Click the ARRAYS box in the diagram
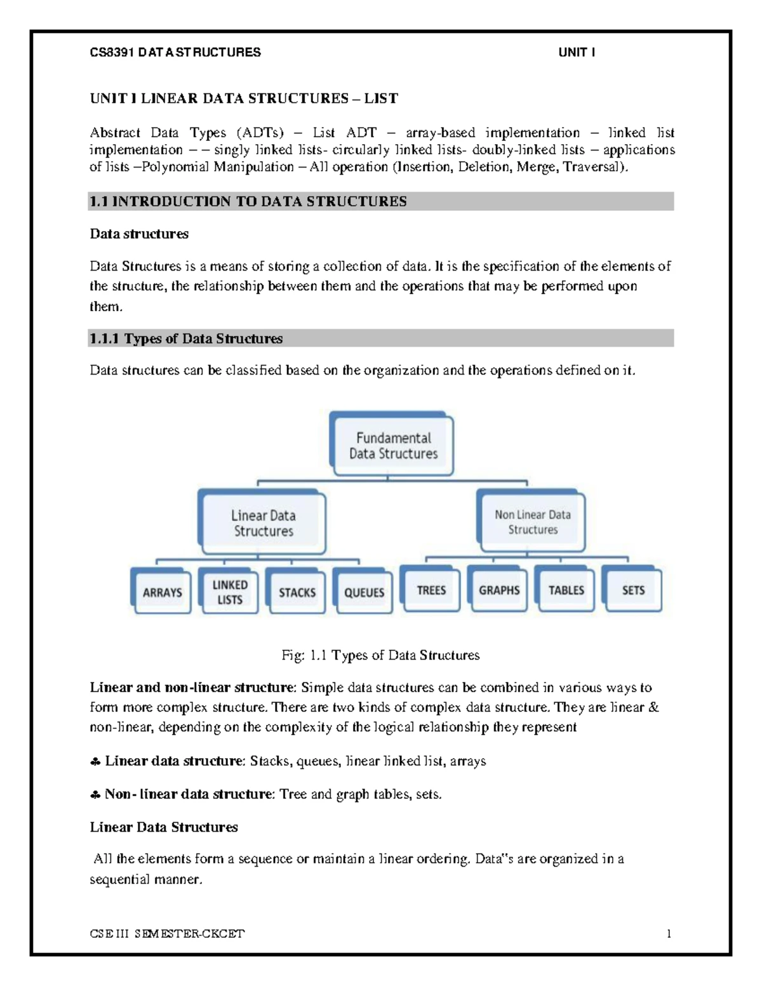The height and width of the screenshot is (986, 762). tap(162, 592)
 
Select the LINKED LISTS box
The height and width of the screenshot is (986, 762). tap(230, 592)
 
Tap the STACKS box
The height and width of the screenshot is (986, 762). tap(297, 592)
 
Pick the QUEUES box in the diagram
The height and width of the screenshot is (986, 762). tap(364, 592)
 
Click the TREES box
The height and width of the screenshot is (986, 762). tap(431, 590)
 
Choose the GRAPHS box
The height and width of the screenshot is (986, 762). tap(499, 590)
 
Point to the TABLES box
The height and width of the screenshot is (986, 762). tap(566, 590)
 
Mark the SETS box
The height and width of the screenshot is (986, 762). tap(633, 590)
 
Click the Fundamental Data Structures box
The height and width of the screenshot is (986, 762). tap(393, 446)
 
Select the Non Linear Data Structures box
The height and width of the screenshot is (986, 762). tap(532, 522)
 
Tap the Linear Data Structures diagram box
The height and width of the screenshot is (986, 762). tap(263, 523)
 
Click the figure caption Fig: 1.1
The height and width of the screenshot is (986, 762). tap(380, 655)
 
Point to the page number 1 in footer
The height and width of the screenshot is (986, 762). tap(669, 933)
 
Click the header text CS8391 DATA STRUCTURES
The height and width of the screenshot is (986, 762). tap(175, 53)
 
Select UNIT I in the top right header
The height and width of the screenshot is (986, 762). tap(576, 53)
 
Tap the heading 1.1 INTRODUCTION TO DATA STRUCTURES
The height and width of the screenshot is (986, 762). tap(248, 201)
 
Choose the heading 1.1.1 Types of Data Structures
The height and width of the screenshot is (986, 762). tap(186, 338)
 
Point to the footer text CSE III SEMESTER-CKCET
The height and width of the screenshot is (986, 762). tap(167, 933)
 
